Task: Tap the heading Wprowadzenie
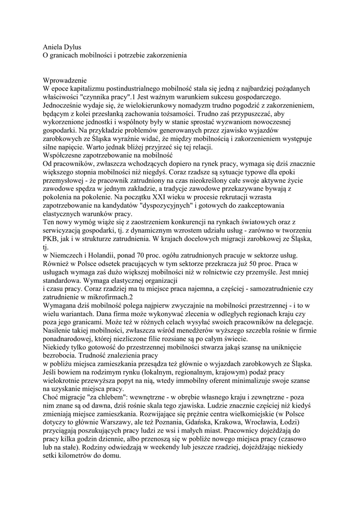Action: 65,80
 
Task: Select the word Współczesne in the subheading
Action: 64,156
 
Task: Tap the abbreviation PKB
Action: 52,240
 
